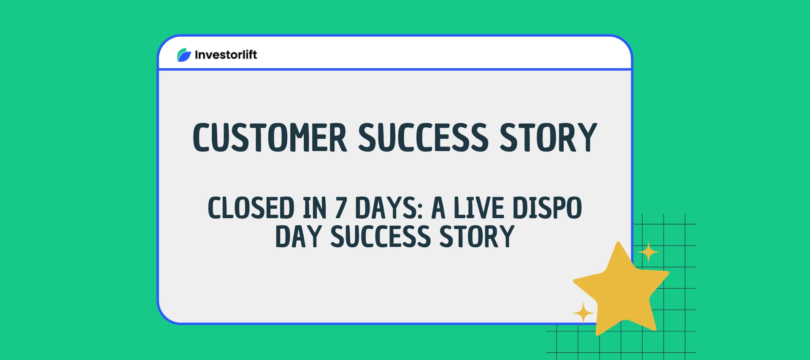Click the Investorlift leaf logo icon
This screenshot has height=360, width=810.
click(184, 55)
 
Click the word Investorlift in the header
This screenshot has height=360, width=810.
click(226, 55)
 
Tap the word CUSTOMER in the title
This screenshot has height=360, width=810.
click(270, 138)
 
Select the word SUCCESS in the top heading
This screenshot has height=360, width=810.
click(423, 138)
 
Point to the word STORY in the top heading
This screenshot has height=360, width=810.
click(548, 138)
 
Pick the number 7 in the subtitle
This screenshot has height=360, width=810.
click(341, 208)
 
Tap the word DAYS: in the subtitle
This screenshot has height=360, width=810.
click(389, 208)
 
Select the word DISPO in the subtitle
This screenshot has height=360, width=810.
click(547, 208)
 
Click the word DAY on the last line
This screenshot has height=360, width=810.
click(298, 237)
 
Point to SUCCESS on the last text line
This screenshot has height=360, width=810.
click(381, 237)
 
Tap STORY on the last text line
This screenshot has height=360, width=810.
click(477, 237)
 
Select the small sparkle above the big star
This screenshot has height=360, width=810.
click(648, 252)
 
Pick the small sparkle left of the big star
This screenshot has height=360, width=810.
click(583, 313)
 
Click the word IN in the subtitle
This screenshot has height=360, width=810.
click(315, 208)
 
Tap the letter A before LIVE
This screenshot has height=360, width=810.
click(438, 208)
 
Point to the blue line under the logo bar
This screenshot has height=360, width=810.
click(394, 69)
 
